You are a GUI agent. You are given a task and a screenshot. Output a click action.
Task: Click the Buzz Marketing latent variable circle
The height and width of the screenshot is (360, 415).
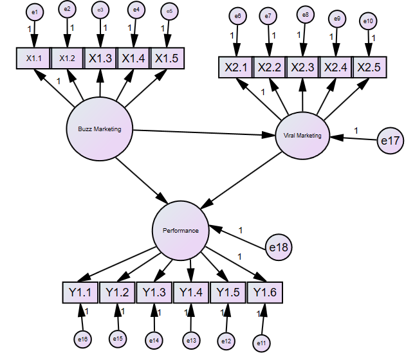(99, 129)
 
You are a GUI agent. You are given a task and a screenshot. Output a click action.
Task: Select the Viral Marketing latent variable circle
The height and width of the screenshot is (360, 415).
(302, 136)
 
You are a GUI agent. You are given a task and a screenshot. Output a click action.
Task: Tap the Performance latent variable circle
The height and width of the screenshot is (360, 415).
(180, 230)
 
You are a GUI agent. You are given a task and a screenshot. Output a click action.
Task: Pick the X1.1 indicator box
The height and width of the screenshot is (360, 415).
(33, 59)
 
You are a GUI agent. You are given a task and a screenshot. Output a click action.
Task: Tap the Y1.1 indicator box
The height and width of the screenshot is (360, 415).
(80, 292)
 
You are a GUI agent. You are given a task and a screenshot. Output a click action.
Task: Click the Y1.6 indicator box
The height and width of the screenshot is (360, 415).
(264, 292)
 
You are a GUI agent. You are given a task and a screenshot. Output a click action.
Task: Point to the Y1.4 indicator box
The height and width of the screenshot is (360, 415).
(191, 292)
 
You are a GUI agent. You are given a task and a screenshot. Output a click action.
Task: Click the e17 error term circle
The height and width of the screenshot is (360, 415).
(390, 141)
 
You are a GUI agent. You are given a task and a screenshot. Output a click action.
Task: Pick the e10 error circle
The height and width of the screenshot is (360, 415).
(369, 21)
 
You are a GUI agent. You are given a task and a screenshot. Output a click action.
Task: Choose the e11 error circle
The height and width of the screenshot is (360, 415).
(261, 343)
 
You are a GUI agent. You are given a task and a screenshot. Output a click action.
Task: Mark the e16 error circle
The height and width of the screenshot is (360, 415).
(82, 337)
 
